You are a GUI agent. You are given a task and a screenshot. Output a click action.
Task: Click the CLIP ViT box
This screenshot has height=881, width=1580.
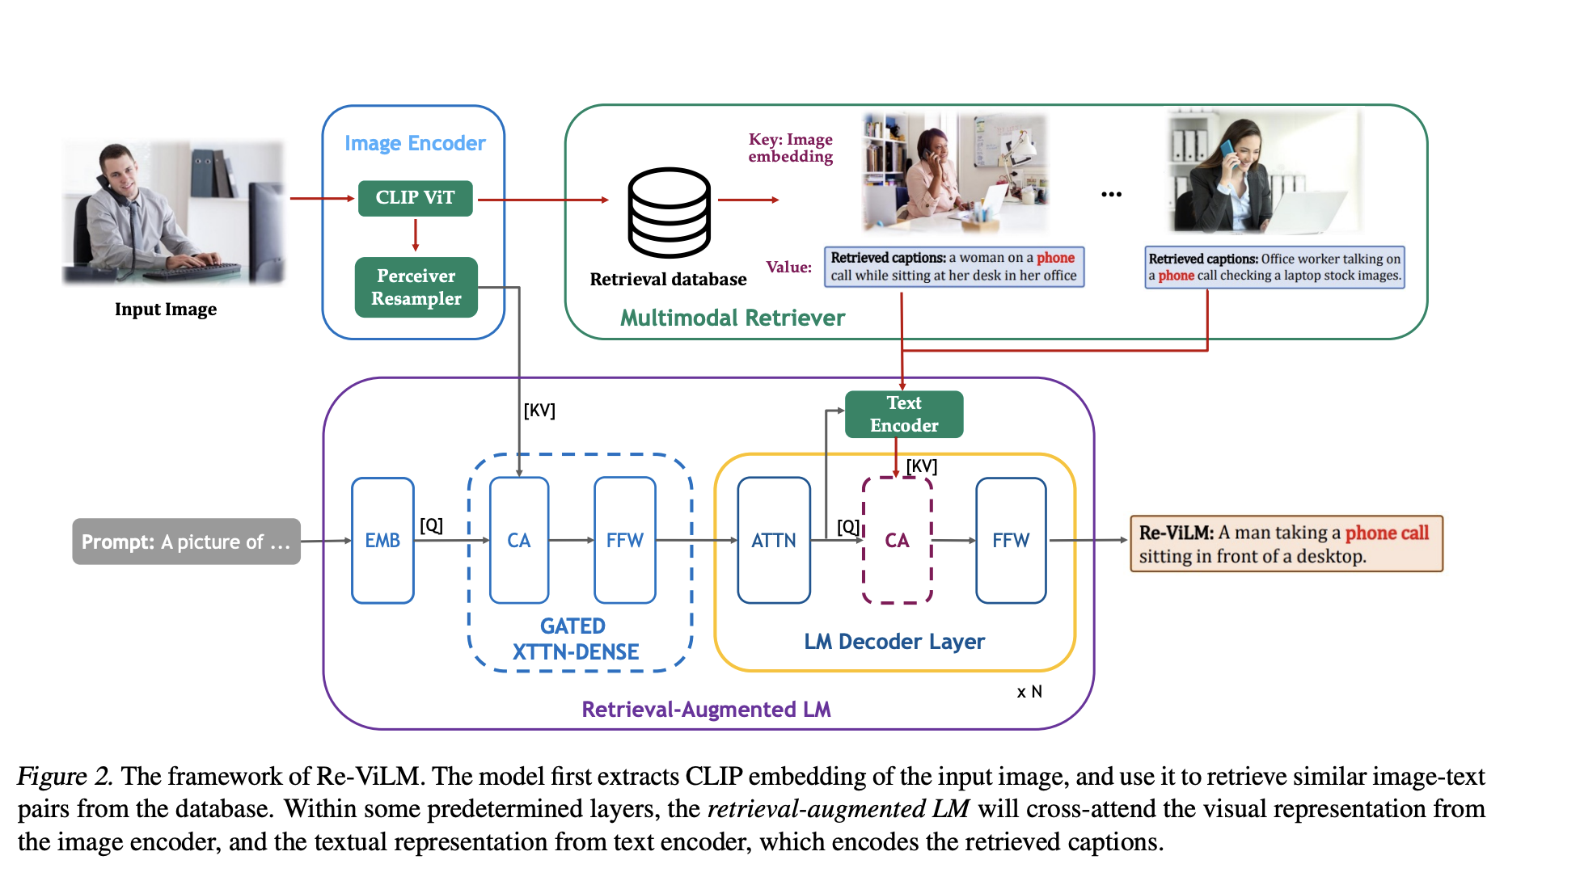[x=415, y=198]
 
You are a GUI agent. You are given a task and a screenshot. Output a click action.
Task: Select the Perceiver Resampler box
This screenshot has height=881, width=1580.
[x=416, y=287]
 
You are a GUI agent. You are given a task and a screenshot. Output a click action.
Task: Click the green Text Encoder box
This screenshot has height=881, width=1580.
[x=903, y=414]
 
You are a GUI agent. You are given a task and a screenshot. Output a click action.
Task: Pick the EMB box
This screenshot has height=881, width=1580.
[x=382, y=540]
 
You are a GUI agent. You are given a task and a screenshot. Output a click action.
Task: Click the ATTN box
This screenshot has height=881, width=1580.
[x=773, y=540]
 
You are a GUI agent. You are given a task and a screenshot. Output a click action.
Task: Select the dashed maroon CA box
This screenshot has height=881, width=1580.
[x=897, y=540]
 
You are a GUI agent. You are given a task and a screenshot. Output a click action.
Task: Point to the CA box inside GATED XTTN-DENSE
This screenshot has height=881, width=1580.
[x=518, y=540]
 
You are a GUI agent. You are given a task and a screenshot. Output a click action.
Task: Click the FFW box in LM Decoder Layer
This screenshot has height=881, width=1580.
[x=1010, y=540]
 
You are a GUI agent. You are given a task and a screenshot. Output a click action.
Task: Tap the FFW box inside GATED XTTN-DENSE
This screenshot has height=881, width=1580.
[x=624, y=540]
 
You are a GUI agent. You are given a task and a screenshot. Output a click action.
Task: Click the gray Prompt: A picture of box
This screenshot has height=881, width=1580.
[x=186, y=542]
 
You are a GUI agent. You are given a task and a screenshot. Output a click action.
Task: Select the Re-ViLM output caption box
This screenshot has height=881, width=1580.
[x=1285, y=544]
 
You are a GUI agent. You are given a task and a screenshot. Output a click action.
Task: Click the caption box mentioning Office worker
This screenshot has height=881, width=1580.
[x=1274, y=268]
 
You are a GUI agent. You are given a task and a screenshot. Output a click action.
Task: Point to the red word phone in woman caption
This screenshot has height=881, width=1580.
[x=1055, y=258]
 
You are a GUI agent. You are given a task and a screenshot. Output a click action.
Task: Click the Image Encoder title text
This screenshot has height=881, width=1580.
[x=415, y=143]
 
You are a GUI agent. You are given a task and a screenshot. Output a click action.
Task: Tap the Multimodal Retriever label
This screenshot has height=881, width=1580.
[x=732, y=318]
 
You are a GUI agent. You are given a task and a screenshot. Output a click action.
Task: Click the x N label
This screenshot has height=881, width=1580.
[x=1029, y=692]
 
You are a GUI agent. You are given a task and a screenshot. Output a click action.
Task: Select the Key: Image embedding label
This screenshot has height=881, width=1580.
[x=790, y=148]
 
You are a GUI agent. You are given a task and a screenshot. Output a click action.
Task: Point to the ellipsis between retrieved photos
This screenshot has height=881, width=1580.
[x=1111, y=195]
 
